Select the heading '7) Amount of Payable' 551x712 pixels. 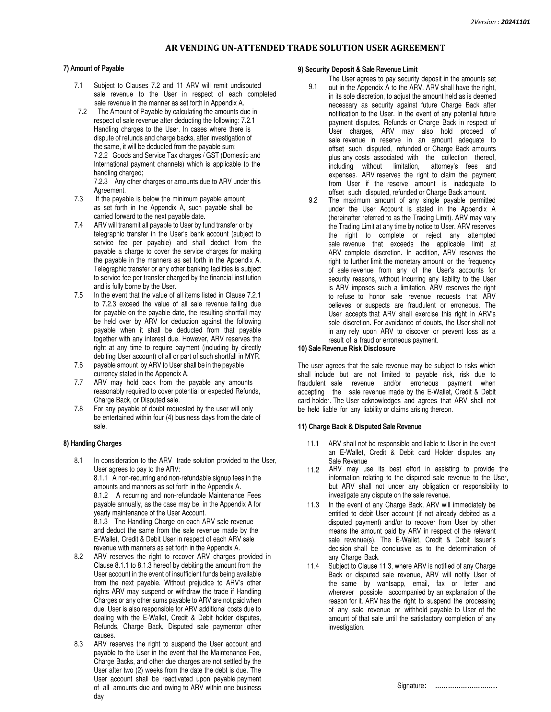pos(94,69)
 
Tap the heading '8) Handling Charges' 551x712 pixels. pos(92,443)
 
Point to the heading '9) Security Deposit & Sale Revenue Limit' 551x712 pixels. pos(358,70)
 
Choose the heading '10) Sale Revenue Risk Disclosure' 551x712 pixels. pos(346,349)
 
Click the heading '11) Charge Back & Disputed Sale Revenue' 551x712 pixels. pos(359,427)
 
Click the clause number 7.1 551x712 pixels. pos(78,86)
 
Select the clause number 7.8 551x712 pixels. pos(78,409)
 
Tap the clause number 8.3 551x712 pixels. pos(78,644)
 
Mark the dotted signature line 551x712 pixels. pos(466,686)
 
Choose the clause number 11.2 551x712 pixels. pos(313,470)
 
